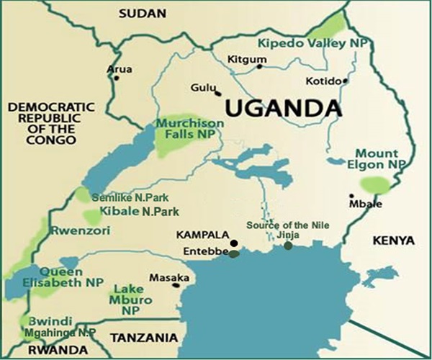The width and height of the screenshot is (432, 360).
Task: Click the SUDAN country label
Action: [x=142, y=13]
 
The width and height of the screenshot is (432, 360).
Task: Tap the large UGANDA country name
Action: [x=282, y=109]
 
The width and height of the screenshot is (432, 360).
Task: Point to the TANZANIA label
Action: [x=143, y=337]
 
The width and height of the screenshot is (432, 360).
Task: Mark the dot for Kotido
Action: [x=346, y=81]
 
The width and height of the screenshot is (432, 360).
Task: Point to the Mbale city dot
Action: [x=351, y=196]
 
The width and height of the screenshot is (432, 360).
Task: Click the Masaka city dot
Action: [x=174, y=284]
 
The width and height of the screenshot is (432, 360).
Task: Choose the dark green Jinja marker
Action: [x=288, y=246]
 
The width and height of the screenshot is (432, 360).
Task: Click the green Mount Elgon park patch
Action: [x=375, y=186]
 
